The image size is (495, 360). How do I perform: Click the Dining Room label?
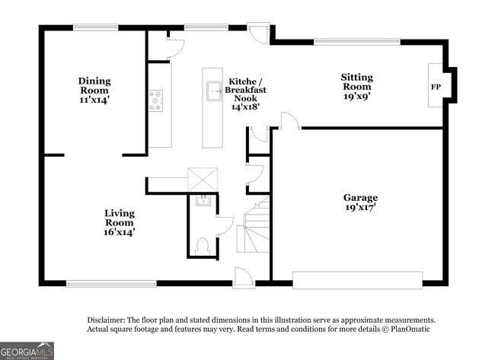click(x=94, y=90)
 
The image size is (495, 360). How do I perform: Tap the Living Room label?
click(x=120, y=222)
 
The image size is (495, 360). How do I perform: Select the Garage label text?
click(x=360, y=202)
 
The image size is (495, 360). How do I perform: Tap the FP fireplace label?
click(x=436, y=87)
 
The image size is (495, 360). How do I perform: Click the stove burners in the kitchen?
click(x=155, y=101)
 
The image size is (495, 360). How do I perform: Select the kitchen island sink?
click(x=213, y=91)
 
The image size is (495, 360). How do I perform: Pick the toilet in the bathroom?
click(x=203, y=246)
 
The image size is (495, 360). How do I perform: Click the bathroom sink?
click(x=203, y=201)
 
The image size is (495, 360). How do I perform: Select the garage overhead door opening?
click(x=357, y=280)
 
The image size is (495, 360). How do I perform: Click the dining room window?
click(x=95, y=28)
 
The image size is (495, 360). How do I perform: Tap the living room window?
click(x=111, y=284)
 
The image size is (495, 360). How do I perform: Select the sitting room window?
click(x=356, y=41)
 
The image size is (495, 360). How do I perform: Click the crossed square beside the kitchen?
click(x=203, y=180)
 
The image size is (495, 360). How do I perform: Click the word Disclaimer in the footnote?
click(x=105, y=320)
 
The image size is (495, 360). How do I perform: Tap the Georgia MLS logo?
click(x=27, y=351)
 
